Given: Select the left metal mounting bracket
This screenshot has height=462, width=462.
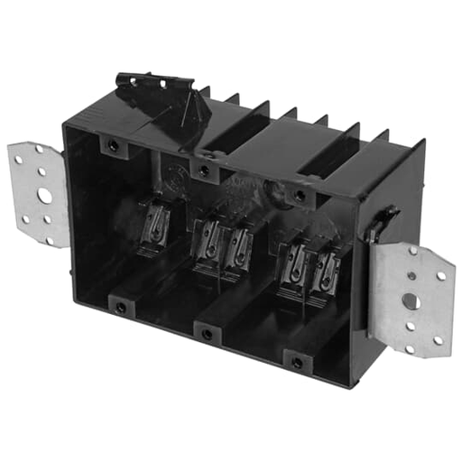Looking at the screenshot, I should (x=40, y=194).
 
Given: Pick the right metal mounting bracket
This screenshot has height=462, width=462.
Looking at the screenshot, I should (x=411, y=298).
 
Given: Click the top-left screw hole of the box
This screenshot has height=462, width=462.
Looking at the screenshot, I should (x=111, y=144).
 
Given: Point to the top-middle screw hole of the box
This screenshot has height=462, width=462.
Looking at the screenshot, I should (x=206, y=170).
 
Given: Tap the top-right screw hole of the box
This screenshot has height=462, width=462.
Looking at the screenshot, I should (x=300, y=195).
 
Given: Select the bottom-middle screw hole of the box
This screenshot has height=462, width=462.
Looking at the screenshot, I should (x=208, y=334).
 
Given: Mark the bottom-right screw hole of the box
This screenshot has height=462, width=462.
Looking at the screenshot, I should (x=298, y=363).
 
